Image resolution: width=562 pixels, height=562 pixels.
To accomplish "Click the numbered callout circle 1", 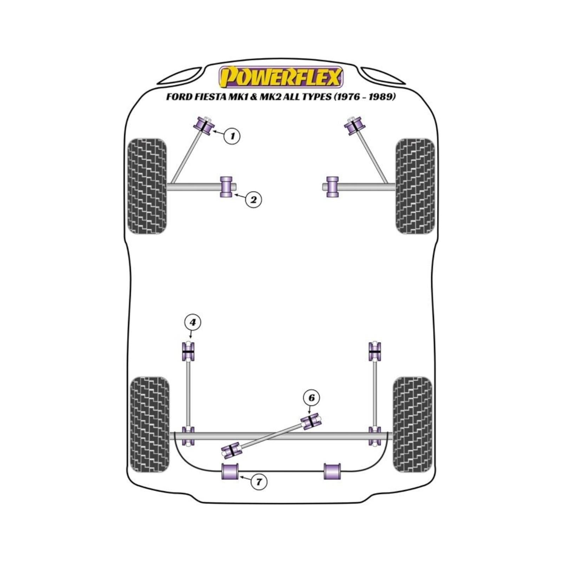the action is coord(232,136).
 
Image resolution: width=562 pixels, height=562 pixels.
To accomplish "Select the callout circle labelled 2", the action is coord(253,200).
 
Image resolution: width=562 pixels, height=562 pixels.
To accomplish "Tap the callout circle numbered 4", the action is coord(192,322).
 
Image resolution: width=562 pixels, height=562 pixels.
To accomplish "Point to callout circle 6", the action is coord(312,398).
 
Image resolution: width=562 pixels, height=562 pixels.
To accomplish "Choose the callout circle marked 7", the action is coord(259,482).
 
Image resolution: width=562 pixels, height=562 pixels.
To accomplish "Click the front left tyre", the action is coord(146,186).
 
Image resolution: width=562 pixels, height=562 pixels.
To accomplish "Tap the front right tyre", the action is coord(415,186).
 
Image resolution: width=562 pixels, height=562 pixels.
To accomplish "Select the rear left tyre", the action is coord(149,425).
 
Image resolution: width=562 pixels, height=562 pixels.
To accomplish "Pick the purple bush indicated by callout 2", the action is coord(226,187).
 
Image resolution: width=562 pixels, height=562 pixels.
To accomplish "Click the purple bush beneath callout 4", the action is coord(188,351).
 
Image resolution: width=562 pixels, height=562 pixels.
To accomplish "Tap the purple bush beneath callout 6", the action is coord(311,421).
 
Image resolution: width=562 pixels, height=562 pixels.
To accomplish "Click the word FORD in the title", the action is coord(179,97).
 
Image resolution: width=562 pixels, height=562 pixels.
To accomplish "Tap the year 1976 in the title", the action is coord(347,97).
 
